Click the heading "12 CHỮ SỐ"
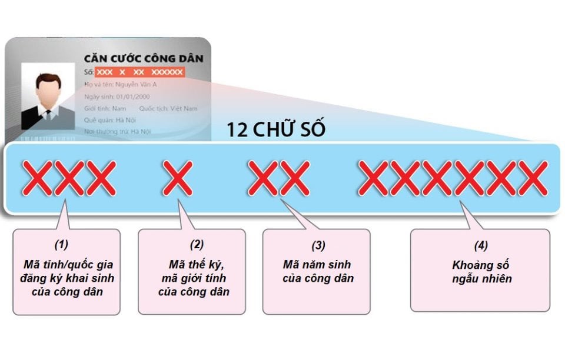(x=276, y=130)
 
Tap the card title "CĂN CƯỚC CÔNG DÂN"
(x=144, y=58)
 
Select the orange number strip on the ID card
(x=139, y=72)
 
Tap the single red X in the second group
(x=178, y=178)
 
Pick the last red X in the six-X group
(x=533, y=178)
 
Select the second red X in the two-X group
(x=294, y=178)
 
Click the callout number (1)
(x=61, y=244)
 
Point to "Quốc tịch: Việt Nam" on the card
(x=168, y=108)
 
